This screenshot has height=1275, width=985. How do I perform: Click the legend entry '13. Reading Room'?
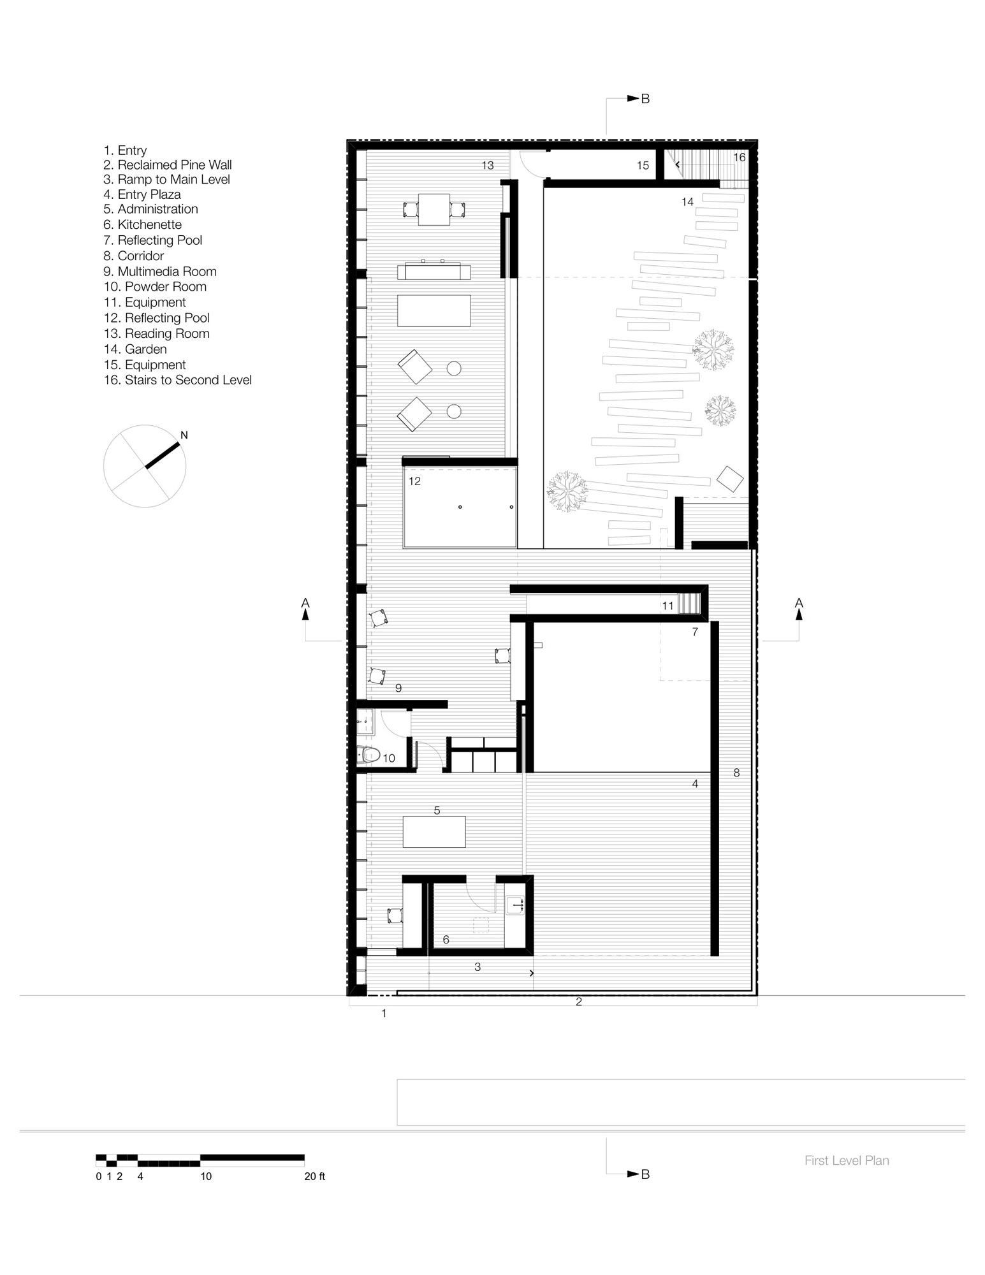156,333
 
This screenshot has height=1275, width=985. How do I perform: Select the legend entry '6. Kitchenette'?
143,224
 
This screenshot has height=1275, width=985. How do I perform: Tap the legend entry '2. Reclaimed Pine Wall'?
168,164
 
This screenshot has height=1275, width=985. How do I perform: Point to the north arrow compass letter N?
184,435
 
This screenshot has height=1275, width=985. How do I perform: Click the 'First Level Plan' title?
847,1160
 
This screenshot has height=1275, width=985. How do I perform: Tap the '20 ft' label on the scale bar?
315,1176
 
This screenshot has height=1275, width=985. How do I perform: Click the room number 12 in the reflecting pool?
415,481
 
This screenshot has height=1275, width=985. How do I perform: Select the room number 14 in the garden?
687,202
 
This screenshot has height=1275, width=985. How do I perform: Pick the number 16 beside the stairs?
739,157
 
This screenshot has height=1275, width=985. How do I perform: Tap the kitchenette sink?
515,904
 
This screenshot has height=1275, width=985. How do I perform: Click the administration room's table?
434,832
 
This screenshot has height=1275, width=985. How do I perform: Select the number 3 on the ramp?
478,967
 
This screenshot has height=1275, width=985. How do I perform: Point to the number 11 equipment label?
668,606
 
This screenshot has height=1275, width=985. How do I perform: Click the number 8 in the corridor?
736,773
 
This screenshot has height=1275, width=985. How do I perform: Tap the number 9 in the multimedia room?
398,688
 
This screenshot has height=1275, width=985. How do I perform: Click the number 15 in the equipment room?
643,166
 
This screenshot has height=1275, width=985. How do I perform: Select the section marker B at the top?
645,99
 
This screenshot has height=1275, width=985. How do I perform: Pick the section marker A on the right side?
799,603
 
